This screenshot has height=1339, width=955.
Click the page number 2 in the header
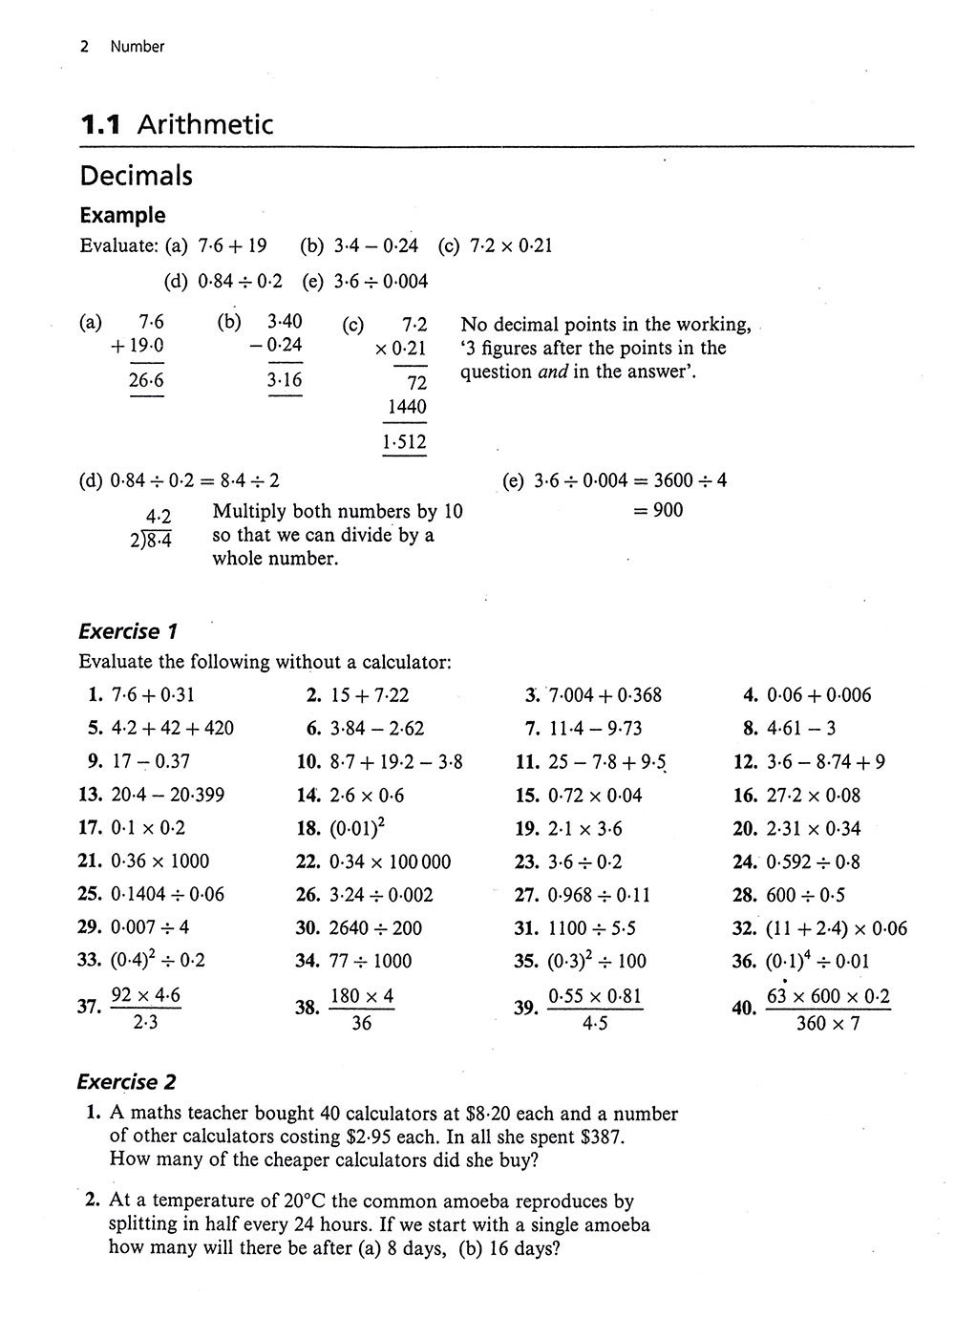[84, 46]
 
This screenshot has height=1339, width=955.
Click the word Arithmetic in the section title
[205, 124]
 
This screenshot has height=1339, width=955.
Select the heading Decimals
[136, 176]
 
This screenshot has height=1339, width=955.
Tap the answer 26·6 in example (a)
[146, 381]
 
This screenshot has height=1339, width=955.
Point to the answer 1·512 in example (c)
[403, 442]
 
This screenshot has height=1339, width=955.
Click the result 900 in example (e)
[668, 510]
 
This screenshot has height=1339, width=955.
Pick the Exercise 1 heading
[128, 631]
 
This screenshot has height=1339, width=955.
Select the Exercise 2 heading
[128, 1082]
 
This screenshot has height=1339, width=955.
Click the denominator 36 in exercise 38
[361, 1025]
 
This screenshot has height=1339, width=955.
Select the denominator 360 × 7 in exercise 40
[827, 1025]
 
